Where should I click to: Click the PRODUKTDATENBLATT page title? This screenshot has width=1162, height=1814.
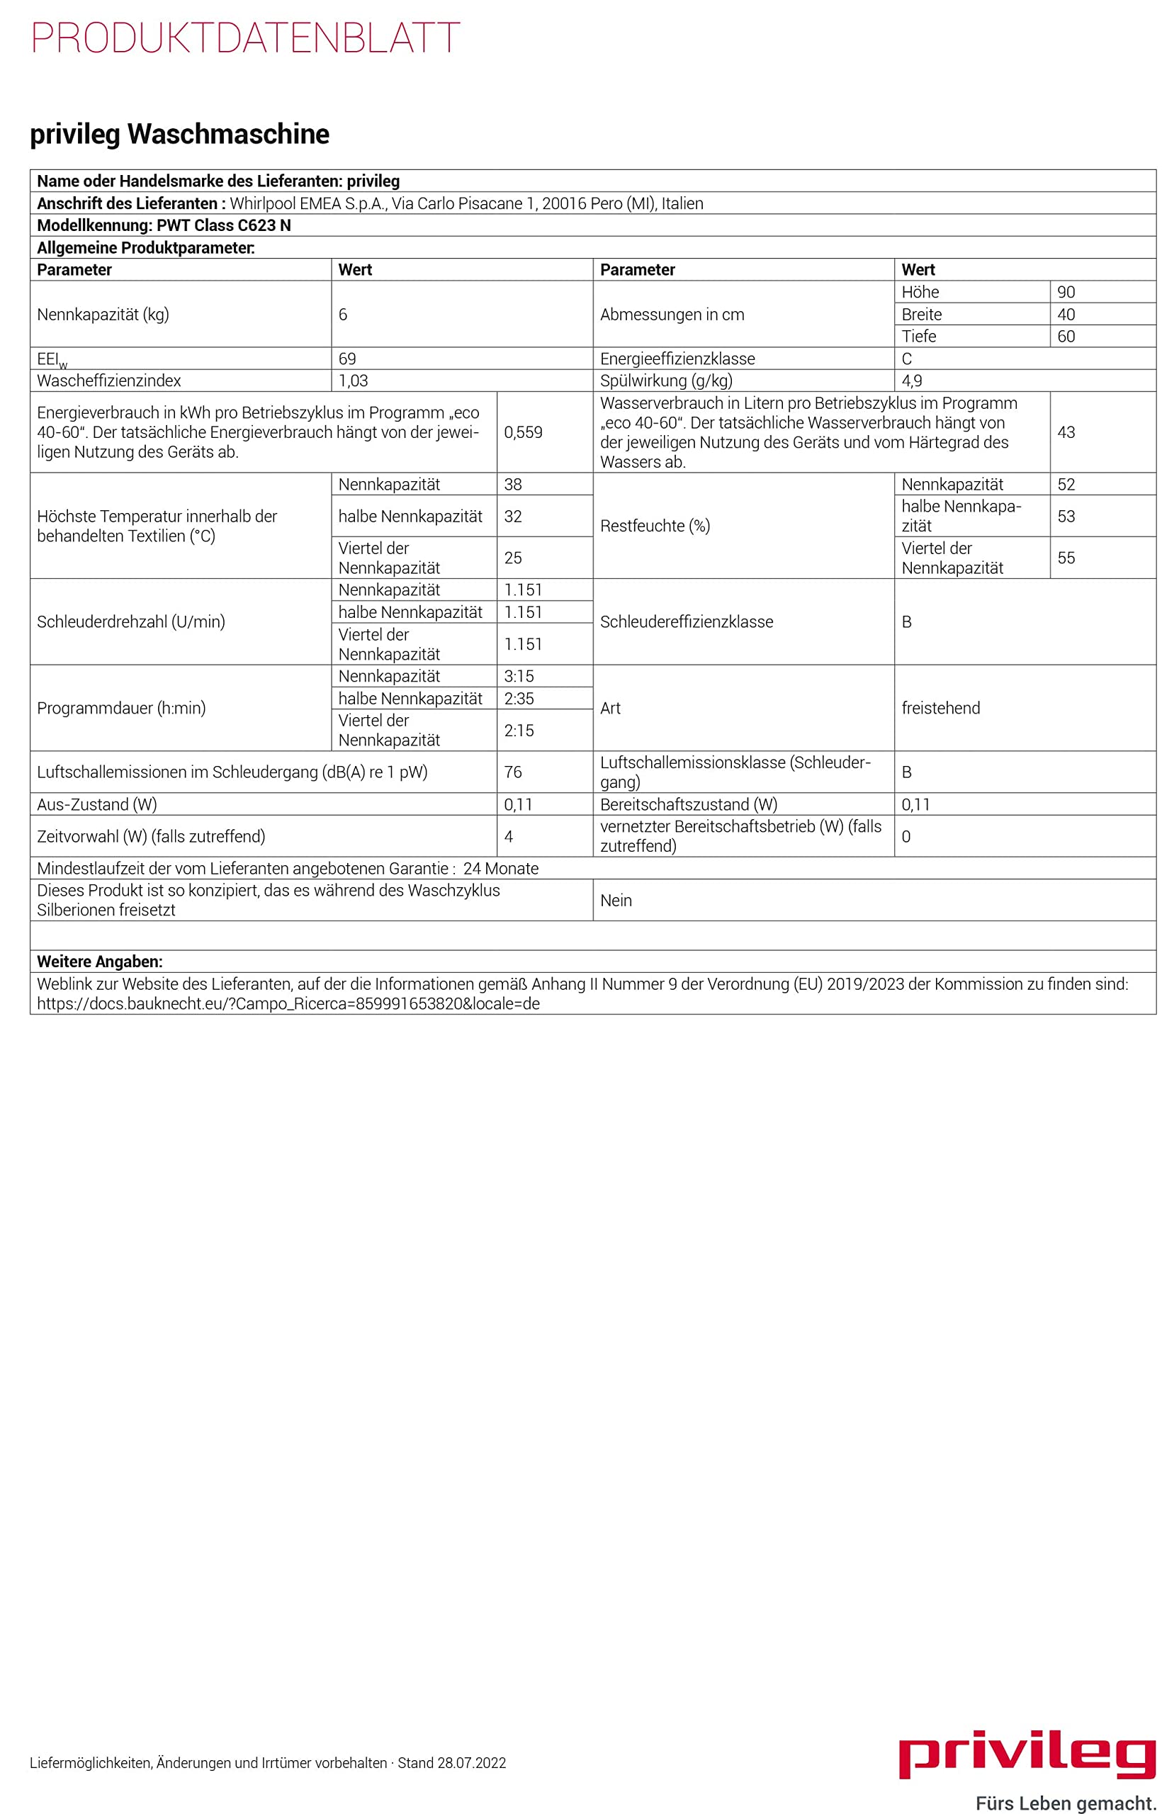(245, 38)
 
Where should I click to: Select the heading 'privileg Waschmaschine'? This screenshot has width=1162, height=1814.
(179, 135)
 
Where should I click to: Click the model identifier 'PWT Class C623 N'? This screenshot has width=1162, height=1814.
(223, 225)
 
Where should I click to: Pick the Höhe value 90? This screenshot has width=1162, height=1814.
(1066, 292)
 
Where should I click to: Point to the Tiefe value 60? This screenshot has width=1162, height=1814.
(1066, 336)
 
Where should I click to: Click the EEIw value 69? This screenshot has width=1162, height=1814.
(347, 359)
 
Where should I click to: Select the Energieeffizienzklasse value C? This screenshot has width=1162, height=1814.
(906, 359)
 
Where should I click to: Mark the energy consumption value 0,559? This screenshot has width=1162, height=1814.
(523, 432)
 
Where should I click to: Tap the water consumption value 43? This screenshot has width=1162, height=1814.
(1066, 432)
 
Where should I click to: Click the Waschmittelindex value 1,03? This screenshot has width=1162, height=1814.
(353, 381)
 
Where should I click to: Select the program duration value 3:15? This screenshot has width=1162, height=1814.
(519, 676)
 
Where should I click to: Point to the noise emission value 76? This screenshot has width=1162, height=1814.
(513, 772)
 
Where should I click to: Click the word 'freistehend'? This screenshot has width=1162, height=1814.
(940, 708)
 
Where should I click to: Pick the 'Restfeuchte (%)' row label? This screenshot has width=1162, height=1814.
(654, 526)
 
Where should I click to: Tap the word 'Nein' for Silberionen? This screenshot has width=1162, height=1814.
(616, 900)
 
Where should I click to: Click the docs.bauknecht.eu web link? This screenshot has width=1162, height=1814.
(288, 1003)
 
